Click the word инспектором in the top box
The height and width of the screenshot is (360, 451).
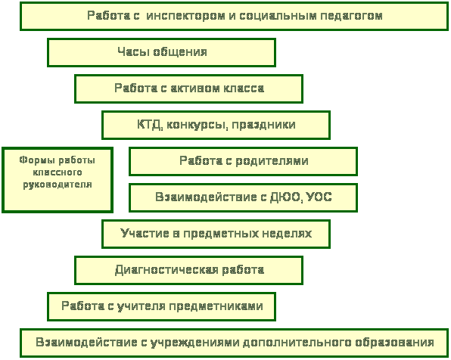(x=186, y=16)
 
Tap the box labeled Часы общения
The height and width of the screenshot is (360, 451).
(x=162, y=53)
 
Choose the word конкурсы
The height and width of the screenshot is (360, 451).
(x=198, y=126)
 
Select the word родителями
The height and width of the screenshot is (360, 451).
(x=272, y=161)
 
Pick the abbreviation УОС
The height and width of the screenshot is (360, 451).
(x=319, y=197)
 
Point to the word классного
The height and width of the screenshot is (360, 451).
(x=58, y=172)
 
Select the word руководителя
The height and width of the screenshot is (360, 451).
(x=58, y=185)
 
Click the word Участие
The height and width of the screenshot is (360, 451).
(x=145, y=233)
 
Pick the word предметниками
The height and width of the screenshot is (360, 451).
(x=216, y=306)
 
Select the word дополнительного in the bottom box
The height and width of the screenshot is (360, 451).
(x=297, y=343)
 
